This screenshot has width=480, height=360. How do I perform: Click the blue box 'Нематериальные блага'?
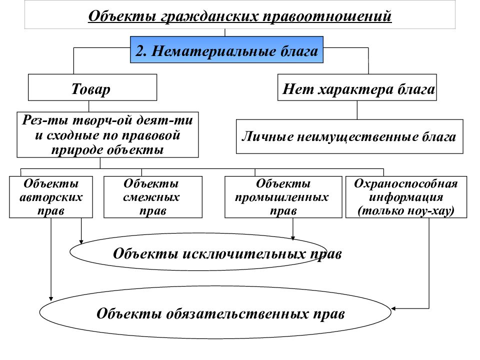226,49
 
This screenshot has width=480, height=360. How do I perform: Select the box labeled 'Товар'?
92,87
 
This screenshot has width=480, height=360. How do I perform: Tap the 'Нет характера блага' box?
357,87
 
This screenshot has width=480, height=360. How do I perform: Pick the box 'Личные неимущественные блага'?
349,136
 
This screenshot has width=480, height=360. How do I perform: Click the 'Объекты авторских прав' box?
51,197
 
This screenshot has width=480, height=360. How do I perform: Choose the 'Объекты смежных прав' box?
153,197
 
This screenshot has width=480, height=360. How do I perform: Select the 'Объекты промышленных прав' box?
283,197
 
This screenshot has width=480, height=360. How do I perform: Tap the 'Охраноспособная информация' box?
406,197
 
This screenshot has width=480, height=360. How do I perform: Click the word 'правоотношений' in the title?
327,16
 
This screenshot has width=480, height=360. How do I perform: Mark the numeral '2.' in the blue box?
141,50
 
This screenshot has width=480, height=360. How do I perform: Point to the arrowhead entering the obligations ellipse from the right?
393,308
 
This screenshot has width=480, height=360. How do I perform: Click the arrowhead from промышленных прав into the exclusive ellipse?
293,238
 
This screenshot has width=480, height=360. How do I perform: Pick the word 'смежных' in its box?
151,197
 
